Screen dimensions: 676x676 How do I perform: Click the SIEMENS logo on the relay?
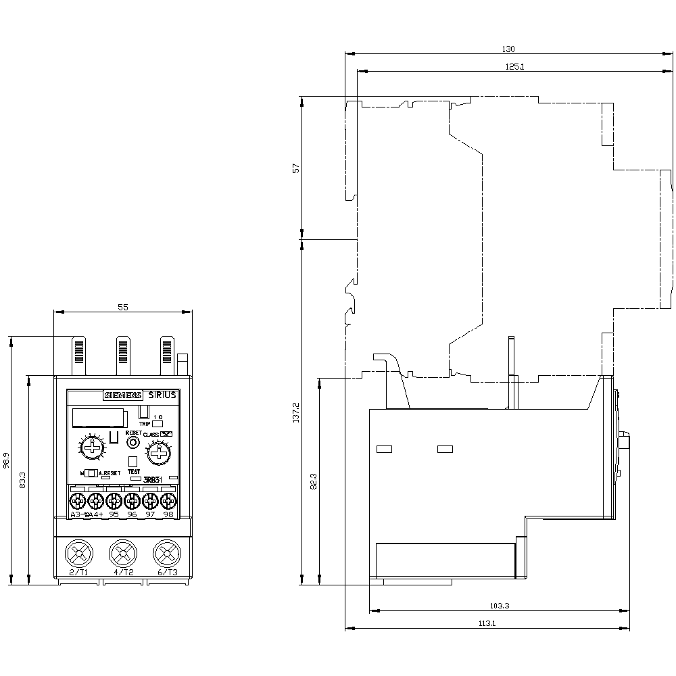coord(122,396)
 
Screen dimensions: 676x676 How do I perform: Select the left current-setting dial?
coord(90,448)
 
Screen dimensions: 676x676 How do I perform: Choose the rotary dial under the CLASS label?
coord(159,452)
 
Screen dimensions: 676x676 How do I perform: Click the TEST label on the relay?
coord(134,471)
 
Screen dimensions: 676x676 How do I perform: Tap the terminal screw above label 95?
coord(114,501)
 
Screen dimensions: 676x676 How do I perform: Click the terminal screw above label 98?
coord(168,501)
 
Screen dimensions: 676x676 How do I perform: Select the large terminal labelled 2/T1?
coord(79,554)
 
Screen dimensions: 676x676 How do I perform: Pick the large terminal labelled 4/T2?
coord(122,554)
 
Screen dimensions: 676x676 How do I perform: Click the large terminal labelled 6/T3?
coord(166,554)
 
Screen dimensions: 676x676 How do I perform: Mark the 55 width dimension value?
coord(123,307)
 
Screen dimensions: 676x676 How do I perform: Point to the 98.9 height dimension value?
coord(6,460)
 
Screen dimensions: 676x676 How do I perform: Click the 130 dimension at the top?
coord(508,49)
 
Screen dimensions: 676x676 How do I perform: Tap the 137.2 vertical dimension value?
coord(295,412)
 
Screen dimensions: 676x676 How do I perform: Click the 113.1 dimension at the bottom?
coord(487,624)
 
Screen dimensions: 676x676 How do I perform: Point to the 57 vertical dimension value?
coord(295,168)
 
